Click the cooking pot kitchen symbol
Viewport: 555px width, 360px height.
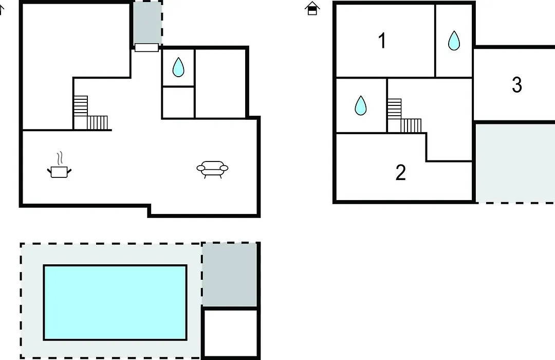59,172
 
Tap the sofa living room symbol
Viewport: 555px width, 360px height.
212,169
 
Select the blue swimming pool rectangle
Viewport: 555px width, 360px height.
115,302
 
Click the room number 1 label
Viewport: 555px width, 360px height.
382,41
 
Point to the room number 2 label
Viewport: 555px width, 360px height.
400,173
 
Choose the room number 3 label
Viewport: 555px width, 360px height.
517,85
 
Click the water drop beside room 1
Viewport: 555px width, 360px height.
454,41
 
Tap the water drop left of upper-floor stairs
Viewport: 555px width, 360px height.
361,105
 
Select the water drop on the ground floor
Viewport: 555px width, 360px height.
178,67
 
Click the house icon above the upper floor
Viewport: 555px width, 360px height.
312,8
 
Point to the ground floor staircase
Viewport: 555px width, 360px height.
90,113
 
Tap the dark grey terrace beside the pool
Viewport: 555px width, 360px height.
229,275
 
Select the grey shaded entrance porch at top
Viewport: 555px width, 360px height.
147,23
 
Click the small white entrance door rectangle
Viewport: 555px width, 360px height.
146,47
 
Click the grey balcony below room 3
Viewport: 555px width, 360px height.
515,163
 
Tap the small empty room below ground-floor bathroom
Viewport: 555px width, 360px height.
178,102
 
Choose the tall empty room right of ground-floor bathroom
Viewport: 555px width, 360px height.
220,84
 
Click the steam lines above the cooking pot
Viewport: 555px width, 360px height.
60,158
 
